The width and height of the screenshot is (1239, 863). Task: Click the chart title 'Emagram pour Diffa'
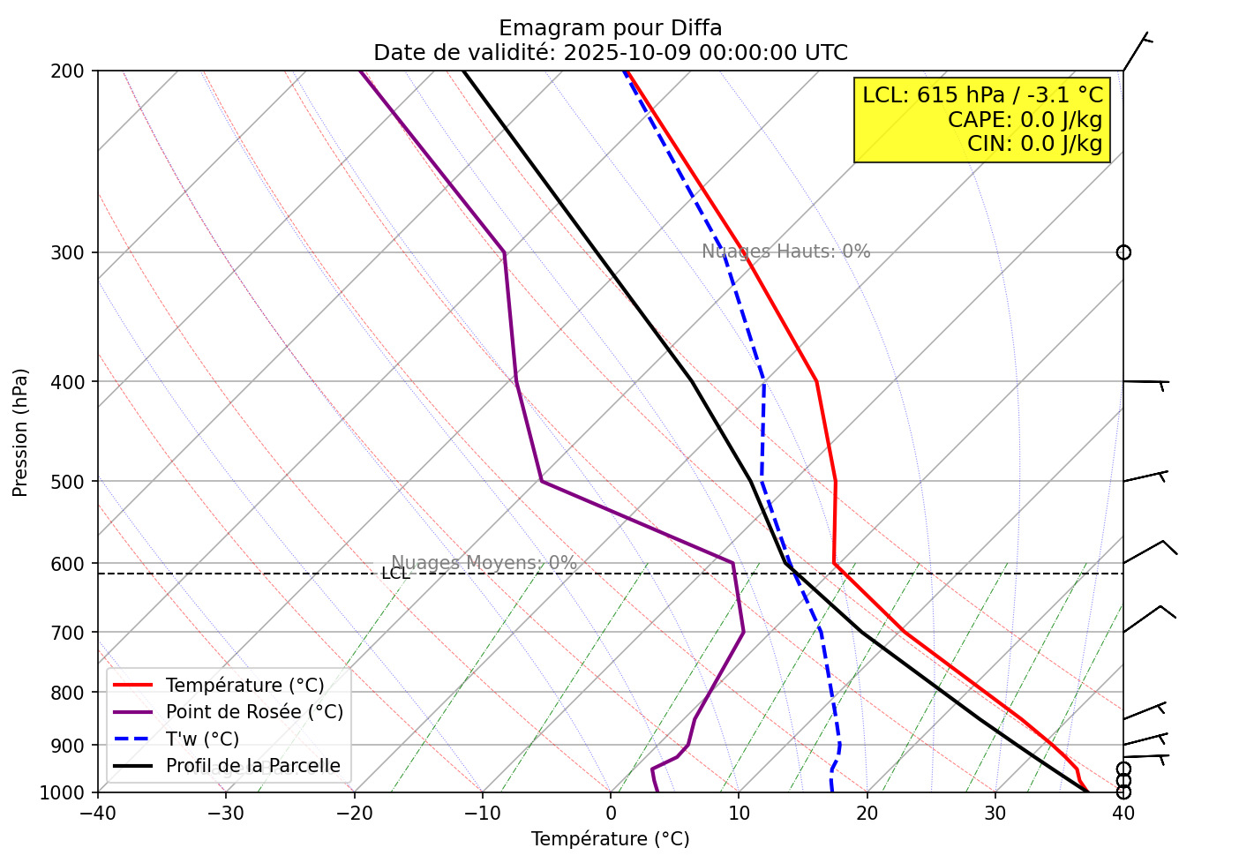pos(610,28)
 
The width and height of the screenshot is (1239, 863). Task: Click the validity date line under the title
pos(610,53)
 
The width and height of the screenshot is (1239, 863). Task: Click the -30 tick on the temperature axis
pos(226,812)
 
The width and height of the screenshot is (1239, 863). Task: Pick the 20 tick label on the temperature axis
pos(867,812)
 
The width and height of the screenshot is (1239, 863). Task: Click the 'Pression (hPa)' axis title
pos(20,432)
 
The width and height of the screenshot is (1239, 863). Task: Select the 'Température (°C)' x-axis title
pos(610,839)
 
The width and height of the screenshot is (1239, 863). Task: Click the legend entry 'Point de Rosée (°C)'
pos(254,712)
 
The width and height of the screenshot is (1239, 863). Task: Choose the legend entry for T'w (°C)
pos(202,739)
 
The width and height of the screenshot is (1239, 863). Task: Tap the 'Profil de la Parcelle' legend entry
pos(252,766)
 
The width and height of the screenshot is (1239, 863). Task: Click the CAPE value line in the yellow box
pos(1025,120)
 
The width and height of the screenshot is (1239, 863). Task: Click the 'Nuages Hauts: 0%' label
pos(785,251)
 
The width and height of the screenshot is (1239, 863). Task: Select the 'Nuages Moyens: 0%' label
pos(484,563)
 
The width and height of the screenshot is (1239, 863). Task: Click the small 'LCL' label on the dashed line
pos(395,574)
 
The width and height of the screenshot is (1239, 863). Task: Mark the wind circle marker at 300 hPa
pos(1123,252)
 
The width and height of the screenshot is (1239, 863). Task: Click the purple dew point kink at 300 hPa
pos(504,252)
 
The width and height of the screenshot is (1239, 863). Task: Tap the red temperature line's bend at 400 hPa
pos(816,381)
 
